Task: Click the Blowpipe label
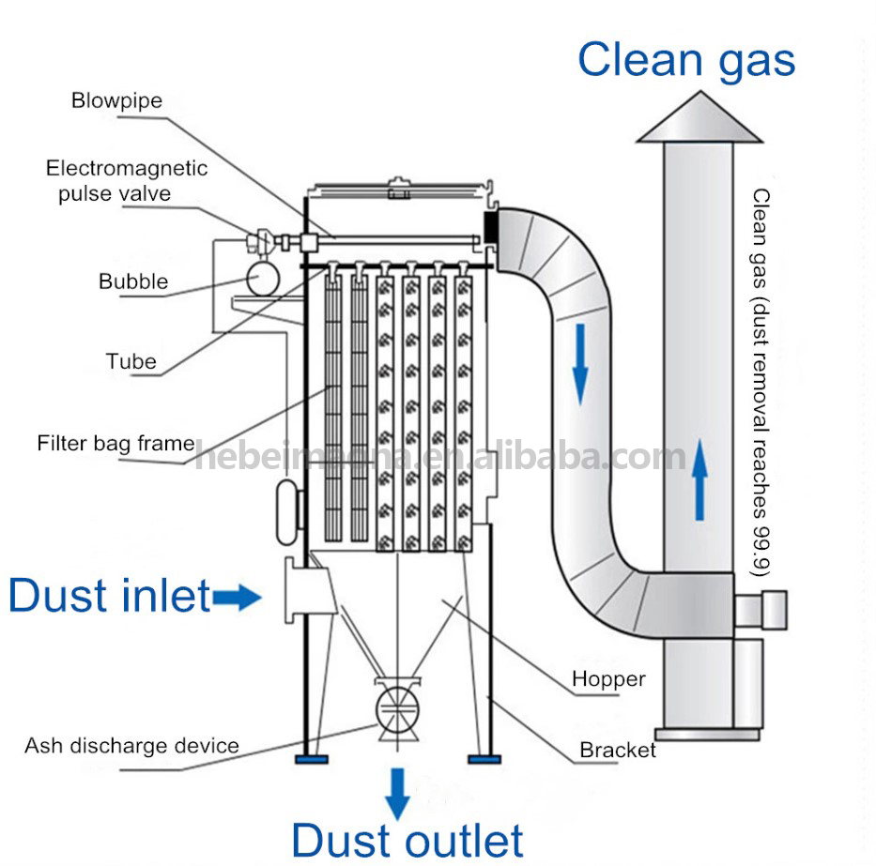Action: [116, 100]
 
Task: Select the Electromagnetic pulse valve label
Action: [127, 181]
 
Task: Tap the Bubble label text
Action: [133, 281]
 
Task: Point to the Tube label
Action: [131, 361]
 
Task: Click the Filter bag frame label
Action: [115, 443]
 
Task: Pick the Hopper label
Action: [608, 678]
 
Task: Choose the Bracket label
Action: [618, 750]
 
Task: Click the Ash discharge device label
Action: [131, 746]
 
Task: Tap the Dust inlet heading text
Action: [109, 596]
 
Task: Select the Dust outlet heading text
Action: [407, 840]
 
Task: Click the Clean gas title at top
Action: [686, 59]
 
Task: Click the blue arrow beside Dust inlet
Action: [237, 596]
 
